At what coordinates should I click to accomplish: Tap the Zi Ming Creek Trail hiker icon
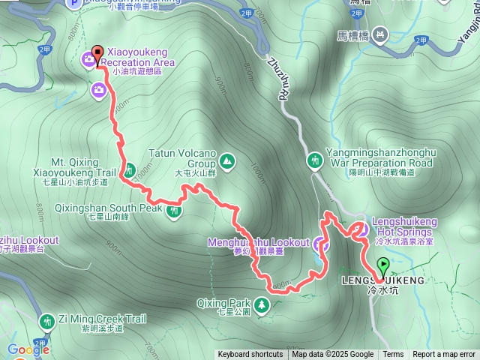point(47,321)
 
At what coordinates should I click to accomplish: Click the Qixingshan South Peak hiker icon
point(174,211)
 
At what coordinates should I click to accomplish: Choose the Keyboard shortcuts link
point(250,355)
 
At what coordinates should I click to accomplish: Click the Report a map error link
point(445,355)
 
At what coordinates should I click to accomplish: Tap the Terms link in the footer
point(393,355)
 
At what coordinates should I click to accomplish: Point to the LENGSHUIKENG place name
point(383,280)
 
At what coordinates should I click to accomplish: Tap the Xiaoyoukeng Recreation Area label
point(136,57)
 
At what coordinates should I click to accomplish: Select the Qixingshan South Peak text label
point(124,208)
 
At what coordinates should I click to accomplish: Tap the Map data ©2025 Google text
point(333,355)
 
